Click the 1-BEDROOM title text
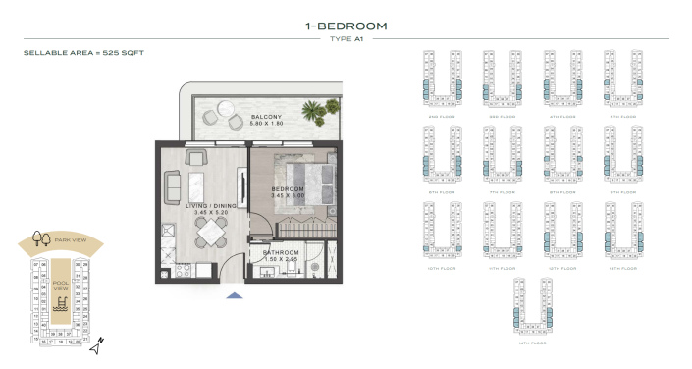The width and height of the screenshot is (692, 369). [x=346, y=26]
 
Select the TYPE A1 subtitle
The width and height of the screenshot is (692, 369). [x=346, y=38]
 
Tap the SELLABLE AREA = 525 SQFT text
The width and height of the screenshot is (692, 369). [x=83, y=52]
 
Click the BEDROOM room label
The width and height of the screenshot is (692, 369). [x=287, y=188]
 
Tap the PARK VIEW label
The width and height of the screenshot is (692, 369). [x=69, y=238]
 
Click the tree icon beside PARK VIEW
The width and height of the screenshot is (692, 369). [x=40, y=237]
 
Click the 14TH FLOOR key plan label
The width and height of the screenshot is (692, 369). [x=531, y=343]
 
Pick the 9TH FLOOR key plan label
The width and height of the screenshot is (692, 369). [x=621, y=192]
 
